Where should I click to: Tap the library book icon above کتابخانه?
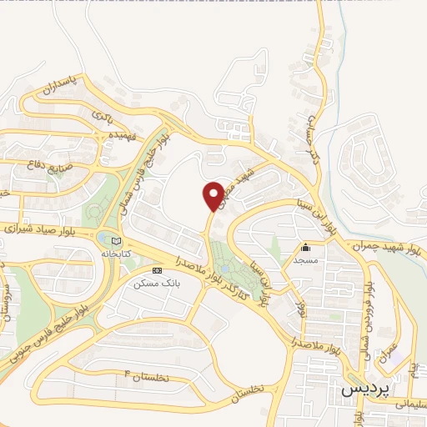pos(115,242)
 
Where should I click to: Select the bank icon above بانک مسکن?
pos(158,271)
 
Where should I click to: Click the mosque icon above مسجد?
pos(305,247)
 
